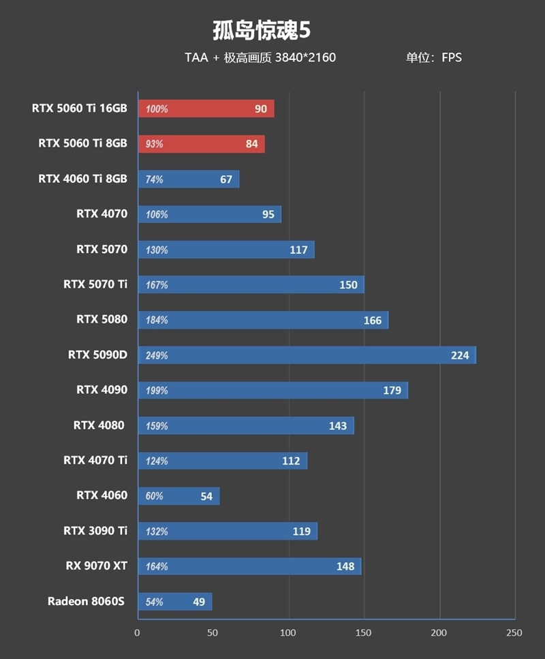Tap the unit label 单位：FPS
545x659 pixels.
tap(434, 57)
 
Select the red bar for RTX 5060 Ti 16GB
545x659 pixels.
tap(206, 108)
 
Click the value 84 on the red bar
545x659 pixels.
tap(251, 144)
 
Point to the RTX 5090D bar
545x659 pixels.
tap(307, 355)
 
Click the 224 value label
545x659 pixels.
tap(460, 355)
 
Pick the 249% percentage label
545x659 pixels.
tap(156, 355)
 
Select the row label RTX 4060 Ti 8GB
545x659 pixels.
tap(82, 179)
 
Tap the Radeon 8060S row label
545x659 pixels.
tap(87, 601)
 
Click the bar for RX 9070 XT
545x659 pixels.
tap(249, 566)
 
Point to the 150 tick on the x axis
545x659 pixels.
tap(364, 632)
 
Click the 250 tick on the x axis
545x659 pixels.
tap(514, 632)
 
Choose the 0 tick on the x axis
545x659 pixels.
tap(138, 632)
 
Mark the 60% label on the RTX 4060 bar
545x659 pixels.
tap(154, 496)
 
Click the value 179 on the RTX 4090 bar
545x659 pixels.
tap(392, 390)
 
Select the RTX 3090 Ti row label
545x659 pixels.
tap(95, 531)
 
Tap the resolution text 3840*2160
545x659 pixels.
tap(305, 57)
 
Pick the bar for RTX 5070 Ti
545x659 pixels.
tap(251, 284)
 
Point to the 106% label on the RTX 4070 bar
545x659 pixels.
tap(156, 214)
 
